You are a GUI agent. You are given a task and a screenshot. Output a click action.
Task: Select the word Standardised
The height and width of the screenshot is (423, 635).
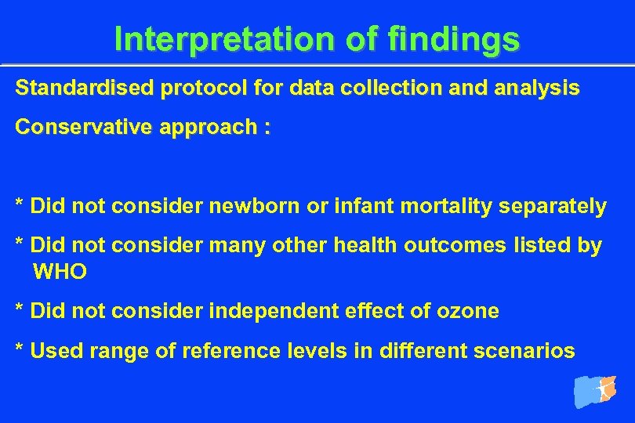coord(85,89)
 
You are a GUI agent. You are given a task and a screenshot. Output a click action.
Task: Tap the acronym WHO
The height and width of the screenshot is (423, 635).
coord(60,273)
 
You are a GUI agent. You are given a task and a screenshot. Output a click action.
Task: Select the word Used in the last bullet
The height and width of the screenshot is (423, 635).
coord(56,352)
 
